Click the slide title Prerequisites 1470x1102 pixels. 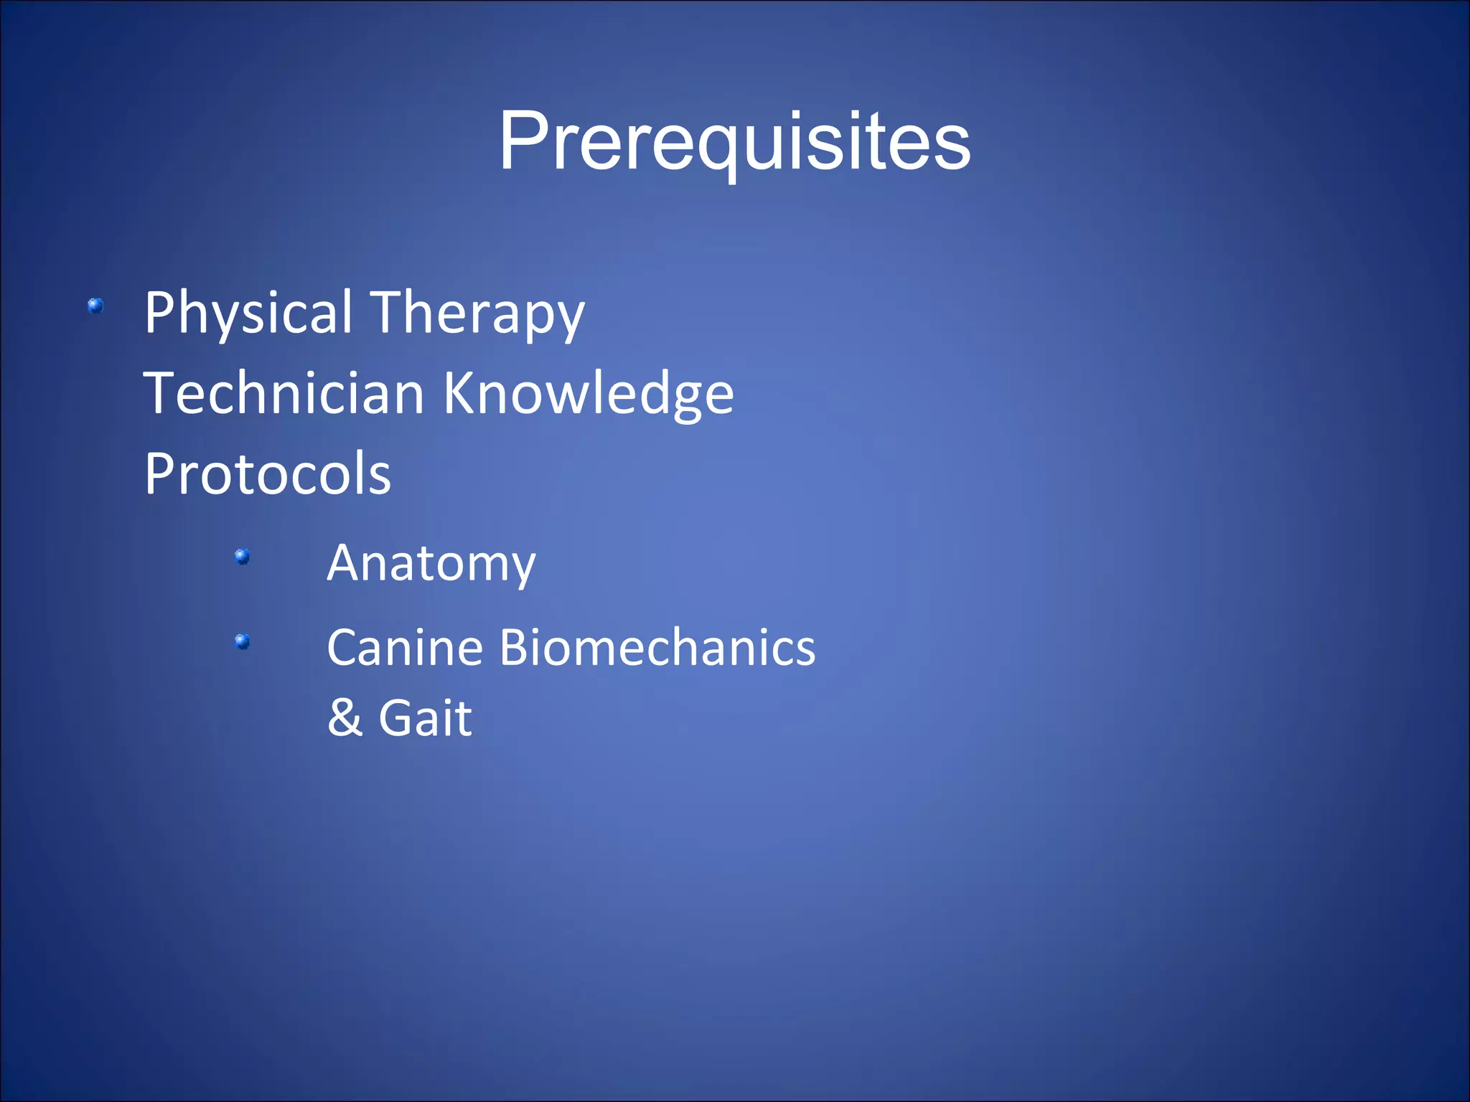tap(734, 141)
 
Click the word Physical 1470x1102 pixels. tap(248, 313)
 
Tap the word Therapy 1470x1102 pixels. tap(479, 313)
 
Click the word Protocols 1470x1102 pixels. tap(268, 474)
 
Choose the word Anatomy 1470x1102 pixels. tap(431, 563)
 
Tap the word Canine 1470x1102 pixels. tap(405, 648)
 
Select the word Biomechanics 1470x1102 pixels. tap(657, 648)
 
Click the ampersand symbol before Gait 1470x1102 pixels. tap(345, 717)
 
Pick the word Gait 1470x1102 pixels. tap(425, 717)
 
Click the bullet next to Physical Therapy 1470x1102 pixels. tap(95, 306)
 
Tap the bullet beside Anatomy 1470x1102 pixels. tap(243, 556)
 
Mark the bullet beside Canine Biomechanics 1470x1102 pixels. tap(243, 641)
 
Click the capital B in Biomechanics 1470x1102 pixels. tap(513, 648)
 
